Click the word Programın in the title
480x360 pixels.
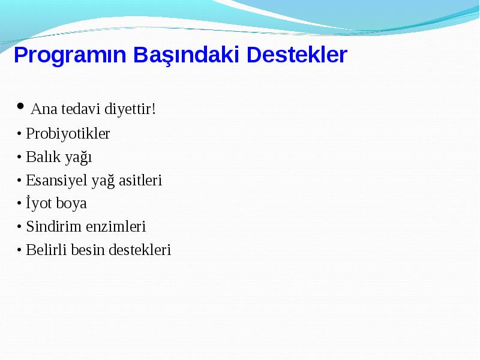(70, 56)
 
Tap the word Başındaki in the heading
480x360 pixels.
(186, 55)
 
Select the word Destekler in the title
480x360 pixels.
(296, 55)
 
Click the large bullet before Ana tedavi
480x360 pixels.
(20, 106)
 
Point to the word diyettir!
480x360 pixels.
(130, 109)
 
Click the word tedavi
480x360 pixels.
(81, 109)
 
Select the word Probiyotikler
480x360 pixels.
(68, 134)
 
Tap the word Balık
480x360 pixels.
(43, 157)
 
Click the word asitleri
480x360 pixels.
(140, 180)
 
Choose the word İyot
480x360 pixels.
(39, 203)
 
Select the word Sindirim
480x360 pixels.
(53, 227)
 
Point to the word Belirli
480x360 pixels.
(46, 250)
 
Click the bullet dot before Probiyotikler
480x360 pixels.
(19, 134)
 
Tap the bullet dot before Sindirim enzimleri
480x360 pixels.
(19, 227)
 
